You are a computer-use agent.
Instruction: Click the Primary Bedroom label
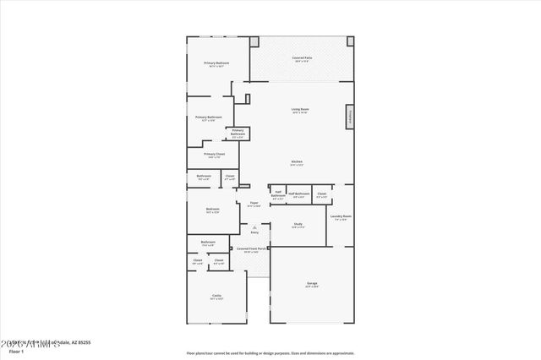click(x=216, y=63)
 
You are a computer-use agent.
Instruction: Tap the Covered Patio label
click(x=302, y=57)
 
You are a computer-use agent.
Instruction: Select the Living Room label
click(x=299, y=109)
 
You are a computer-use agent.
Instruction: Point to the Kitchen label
click(x=297, y=161)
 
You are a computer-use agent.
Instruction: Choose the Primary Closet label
click(x=214, y=154)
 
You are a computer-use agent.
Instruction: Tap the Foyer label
click(x=254, y=203)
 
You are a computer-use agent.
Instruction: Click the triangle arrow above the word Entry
click(x=254, y=226)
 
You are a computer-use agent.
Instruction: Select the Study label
click(x=298, y=224)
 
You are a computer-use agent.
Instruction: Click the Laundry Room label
click(x=342, y=216)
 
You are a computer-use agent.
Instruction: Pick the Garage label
click(x=312, y=283)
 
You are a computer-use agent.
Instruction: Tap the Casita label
click(x=216, y=295)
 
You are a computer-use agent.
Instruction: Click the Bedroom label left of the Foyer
click(x=213, y=209)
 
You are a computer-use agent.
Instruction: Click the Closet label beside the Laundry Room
click(x=321, y=194)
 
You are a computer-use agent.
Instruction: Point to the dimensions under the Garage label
click(x=312, y=287)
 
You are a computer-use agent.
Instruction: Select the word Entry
click(x=254, y=232)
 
